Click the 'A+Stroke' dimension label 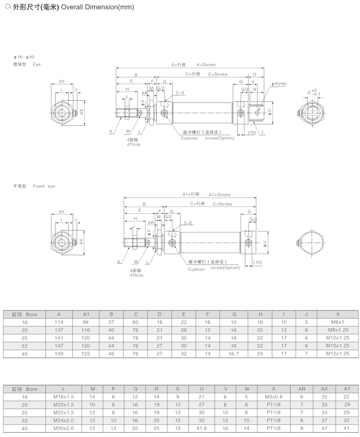pos(206,64)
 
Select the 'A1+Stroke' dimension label pos(219,195)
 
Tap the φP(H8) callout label pos(279,84)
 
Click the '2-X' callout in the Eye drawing pos(180,93)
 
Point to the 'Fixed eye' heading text pos(44,186)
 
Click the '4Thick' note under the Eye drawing pos(134,144)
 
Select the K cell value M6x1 pos(338,322)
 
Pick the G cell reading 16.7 pos(234,354)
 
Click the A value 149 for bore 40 pos(59,354)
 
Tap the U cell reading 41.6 pos(201,428)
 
